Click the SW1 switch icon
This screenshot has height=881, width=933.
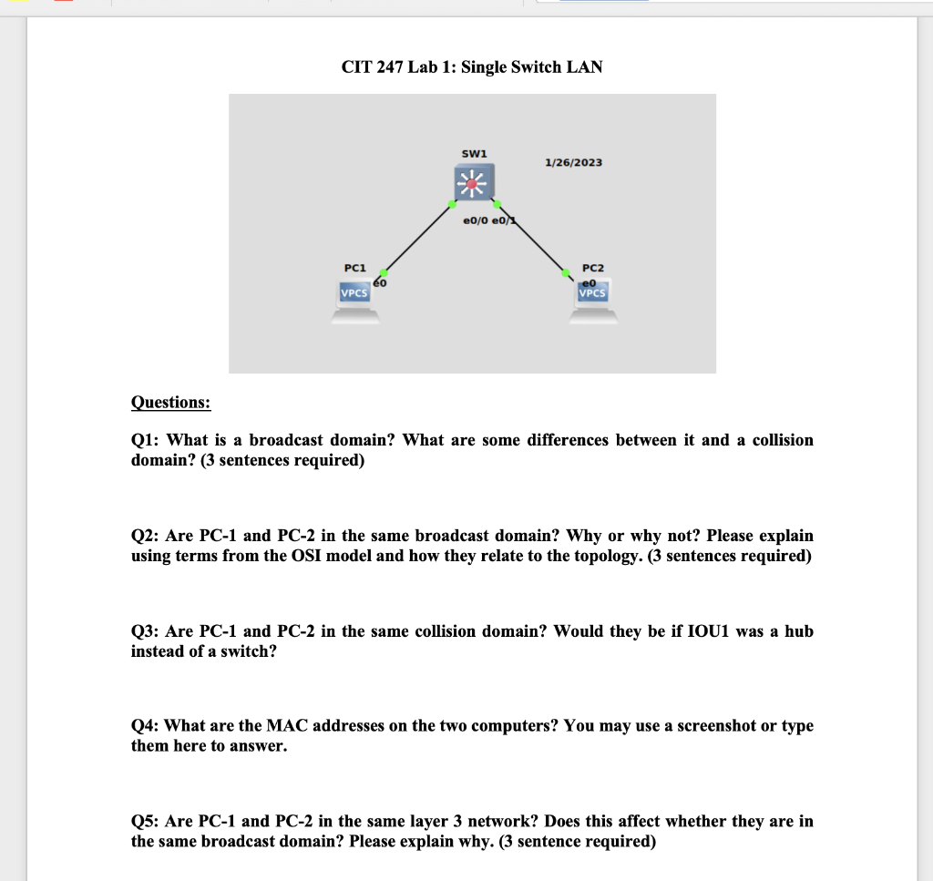[473, 185]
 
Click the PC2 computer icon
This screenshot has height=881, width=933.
[593, 303]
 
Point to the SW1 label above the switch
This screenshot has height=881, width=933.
[474, 153]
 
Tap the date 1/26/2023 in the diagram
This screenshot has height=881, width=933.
[573, 162]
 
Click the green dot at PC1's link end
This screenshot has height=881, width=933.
[384, 272]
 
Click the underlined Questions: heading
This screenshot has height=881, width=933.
[170, 402]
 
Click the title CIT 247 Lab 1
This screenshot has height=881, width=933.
[471, 67]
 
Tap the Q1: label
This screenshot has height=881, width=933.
[147, 440]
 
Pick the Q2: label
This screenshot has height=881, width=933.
[147, 536]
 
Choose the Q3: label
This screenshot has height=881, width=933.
[147, 631]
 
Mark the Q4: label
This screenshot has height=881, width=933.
[147, 726]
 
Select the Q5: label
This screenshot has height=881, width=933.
[147, 821]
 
